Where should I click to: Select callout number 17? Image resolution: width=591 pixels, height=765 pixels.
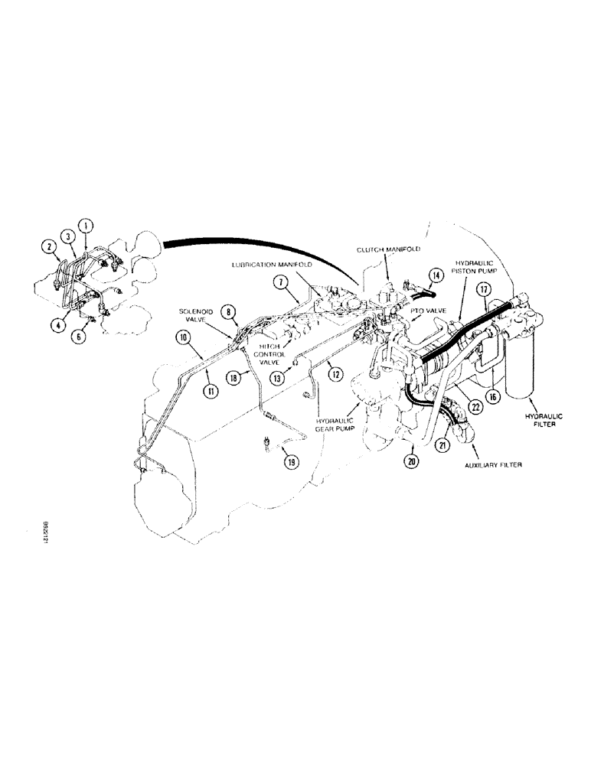483,290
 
